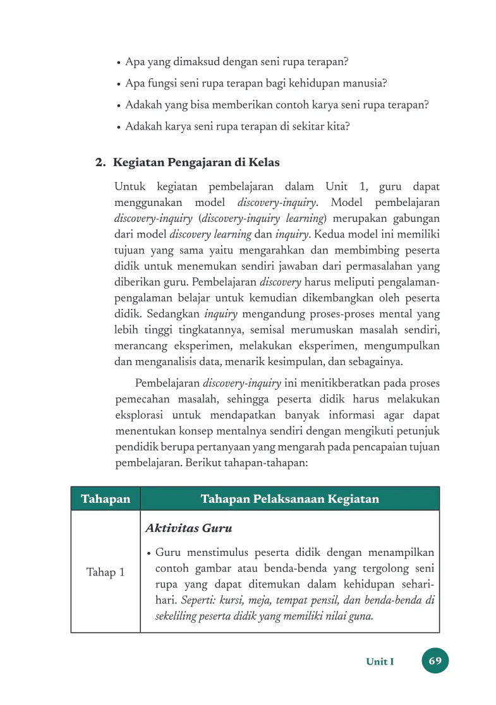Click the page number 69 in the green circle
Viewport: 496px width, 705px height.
click(435, 661)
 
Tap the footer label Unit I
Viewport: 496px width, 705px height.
click(380, 662)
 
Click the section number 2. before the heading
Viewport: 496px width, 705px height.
click(100, 162)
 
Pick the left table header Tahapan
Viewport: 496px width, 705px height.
click(106, 499)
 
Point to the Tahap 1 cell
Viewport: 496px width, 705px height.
click(106, 572)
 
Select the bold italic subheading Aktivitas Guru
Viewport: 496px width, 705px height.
click(188, 528)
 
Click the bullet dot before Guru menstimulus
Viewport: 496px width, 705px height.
click(148, 553)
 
